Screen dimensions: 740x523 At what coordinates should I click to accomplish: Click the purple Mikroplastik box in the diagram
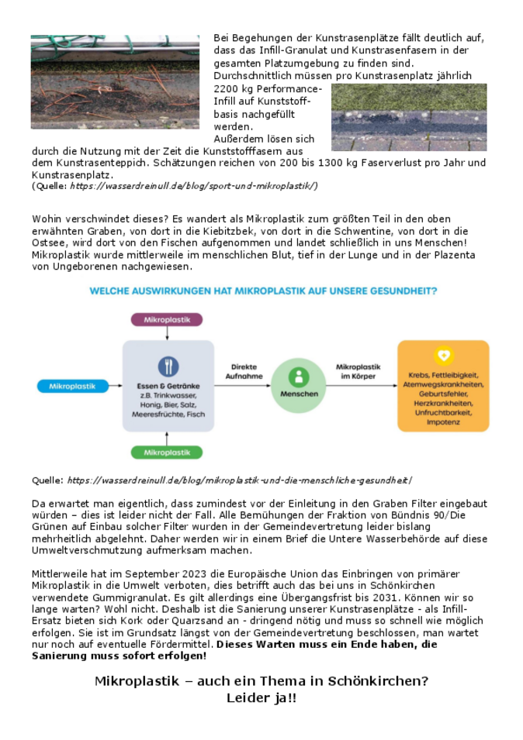(166, 319)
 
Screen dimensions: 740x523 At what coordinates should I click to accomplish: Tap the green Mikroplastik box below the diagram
(166, 452)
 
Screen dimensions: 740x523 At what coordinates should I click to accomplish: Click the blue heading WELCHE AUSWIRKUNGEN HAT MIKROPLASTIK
(263, 291)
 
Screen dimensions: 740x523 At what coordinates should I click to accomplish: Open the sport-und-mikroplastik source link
(194, 186)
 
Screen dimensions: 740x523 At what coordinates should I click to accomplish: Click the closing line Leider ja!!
(261, 698)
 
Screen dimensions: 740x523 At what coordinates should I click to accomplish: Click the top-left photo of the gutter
(116, 81)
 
